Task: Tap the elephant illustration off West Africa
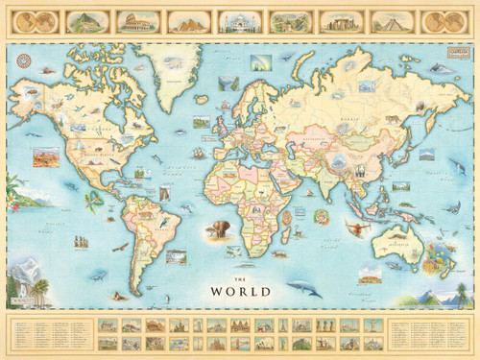pyautogui.click(x=217, y=229)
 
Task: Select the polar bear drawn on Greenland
pyautogui.click(x=172, y=64)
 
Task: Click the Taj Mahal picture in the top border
pyautogui.click(x=236, y=20)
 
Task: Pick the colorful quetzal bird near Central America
pyautogui.click(x=95, y=200)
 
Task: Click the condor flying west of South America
pyautogui.click(x=120, y=246)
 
